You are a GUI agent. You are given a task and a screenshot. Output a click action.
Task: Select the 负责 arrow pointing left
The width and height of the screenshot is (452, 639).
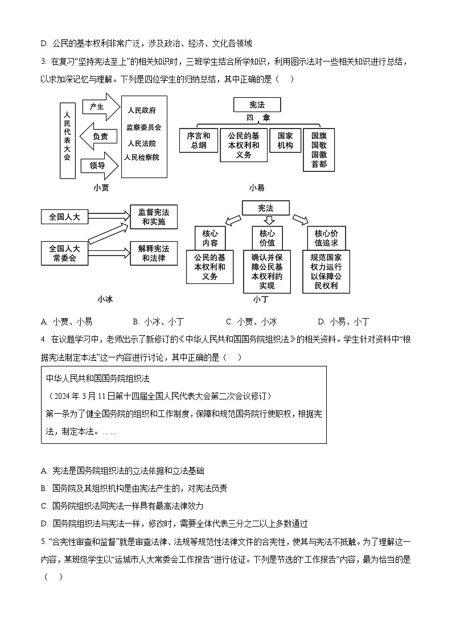click(x=100, y=137)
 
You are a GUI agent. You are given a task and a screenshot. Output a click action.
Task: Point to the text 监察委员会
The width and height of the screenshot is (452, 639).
click(x=143, y=127)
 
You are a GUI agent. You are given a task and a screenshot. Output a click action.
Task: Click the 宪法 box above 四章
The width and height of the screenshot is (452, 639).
click(x=257, y=105)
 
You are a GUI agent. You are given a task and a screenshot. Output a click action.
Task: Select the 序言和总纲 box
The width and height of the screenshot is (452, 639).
click(x=198, y=141)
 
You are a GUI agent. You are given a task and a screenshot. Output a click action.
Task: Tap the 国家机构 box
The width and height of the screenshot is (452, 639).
click(x=285, y=141)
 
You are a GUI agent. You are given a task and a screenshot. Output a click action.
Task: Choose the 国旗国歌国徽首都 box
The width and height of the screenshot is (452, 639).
click(x=319, y=149)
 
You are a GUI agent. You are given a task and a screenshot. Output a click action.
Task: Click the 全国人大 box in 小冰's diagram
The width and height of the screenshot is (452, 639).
click(x=65, y=217)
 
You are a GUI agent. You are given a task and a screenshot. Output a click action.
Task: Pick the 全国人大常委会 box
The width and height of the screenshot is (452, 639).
click(x=65, y=253)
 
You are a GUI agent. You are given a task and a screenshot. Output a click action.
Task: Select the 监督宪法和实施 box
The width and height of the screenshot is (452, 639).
click(x=153, y=217)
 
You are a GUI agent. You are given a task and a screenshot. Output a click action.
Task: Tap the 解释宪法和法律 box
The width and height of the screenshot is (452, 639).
click(x=153, y=253)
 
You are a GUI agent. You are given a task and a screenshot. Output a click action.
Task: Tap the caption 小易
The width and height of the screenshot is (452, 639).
click(x=257, y=188)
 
